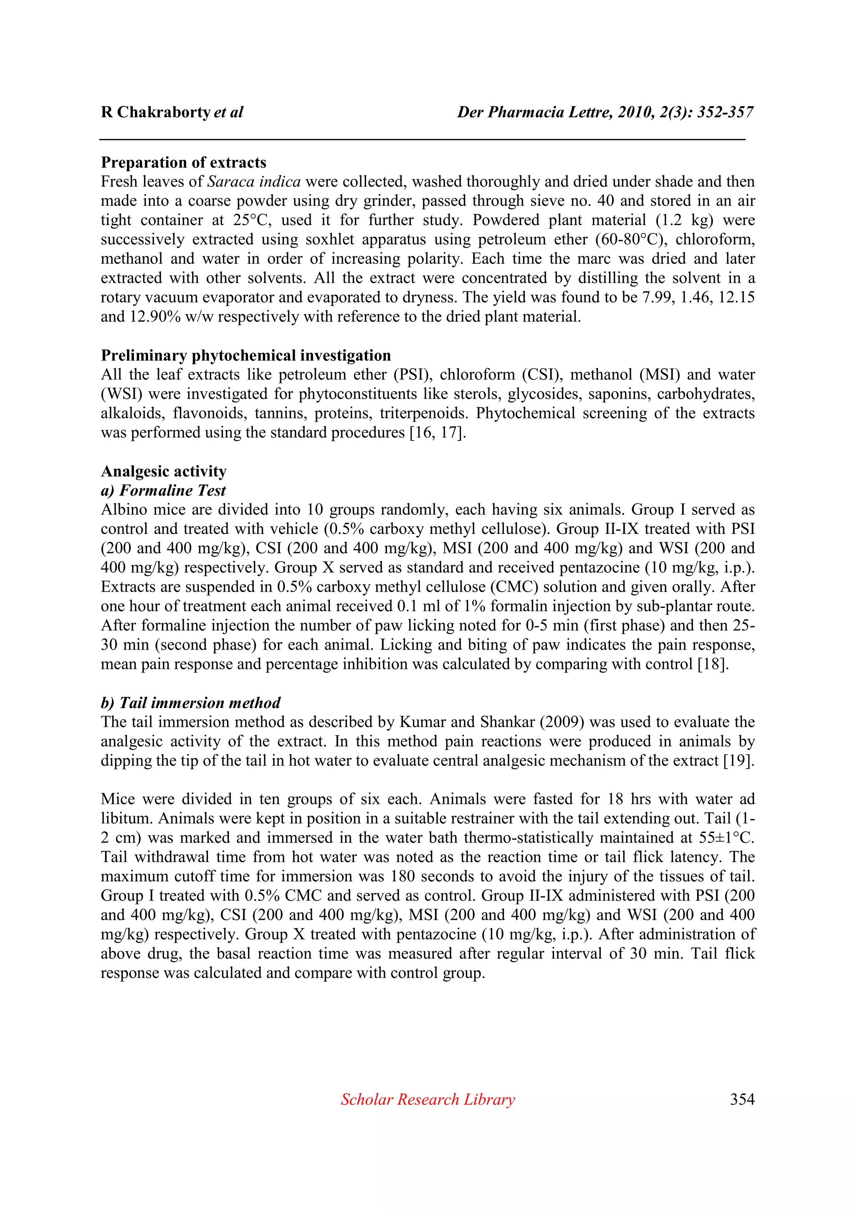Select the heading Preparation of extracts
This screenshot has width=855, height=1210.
coord(183,162)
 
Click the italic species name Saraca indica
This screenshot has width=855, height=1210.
coord(254,182)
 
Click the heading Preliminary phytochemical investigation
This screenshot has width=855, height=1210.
coord(245,356)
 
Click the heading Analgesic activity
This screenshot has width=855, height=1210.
coord(163,471)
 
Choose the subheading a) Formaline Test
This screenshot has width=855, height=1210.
coord(163,491)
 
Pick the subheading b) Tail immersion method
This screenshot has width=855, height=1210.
coord(190,703)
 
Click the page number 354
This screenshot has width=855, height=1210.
coord(742,1099)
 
